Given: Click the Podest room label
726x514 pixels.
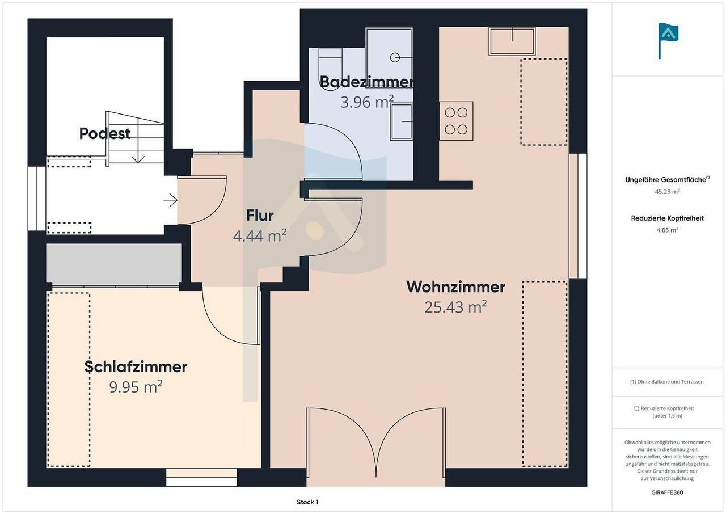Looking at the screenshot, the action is pos(105,133).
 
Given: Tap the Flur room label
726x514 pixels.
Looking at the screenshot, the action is pos(260,216).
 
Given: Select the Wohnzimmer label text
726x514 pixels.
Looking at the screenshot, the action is pos(455,287).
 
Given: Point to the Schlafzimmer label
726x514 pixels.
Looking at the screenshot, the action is pos(136,367).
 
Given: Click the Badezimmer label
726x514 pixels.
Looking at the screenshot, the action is pos(366,82).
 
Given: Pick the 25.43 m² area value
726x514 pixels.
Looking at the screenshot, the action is pos(455,307).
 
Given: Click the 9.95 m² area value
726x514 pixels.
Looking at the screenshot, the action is pos(136,386).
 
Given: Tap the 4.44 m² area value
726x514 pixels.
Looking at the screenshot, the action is pos(260,235).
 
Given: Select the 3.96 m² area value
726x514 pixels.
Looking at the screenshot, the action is pos(366,102).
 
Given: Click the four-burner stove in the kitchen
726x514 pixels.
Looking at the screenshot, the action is pos(456,121).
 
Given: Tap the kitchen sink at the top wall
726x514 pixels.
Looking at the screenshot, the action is pos(512,41).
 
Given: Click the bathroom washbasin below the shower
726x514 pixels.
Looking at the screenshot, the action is pos(402,121).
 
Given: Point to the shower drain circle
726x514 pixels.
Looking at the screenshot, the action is pos(395,58).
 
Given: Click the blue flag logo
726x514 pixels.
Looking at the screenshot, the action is pos(668,41).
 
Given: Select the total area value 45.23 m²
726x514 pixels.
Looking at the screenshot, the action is pos(667,192).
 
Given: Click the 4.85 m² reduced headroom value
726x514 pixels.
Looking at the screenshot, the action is pos(667,230).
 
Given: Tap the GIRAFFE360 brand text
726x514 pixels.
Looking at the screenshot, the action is pos(667,492).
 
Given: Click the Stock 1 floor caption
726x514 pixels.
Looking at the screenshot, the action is pos(307,502).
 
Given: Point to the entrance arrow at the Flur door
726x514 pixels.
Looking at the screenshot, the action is pos(171,201).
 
